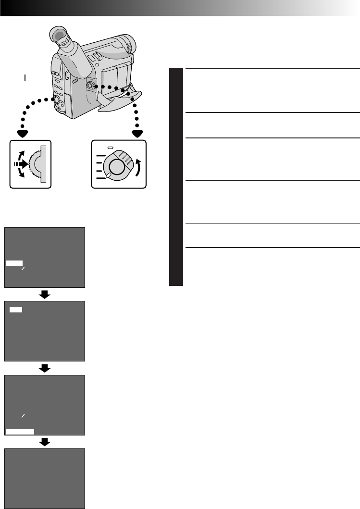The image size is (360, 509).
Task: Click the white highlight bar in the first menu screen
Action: [x=14, y=263]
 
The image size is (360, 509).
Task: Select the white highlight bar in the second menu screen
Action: [x=16, y=310]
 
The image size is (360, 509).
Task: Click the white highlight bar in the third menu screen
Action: [x=20, y=431]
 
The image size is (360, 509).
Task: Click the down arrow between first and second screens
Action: [x=45, y=294]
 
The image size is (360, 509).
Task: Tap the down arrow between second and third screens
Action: [x=45, y=368]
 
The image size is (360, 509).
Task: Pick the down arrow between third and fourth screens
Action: [x=45, y=442]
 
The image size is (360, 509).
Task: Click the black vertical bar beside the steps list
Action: [x=176, y=177]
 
